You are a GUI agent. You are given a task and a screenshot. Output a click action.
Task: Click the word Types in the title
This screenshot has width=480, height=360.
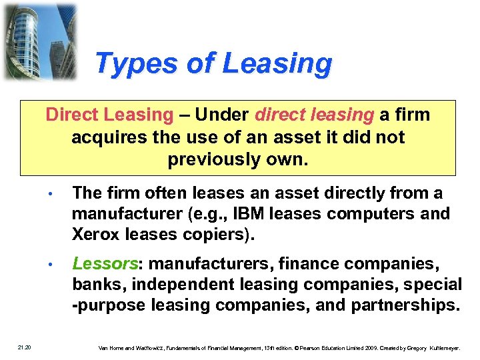125,64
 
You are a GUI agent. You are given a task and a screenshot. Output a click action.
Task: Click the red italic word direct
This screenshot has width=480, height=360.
278,115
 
